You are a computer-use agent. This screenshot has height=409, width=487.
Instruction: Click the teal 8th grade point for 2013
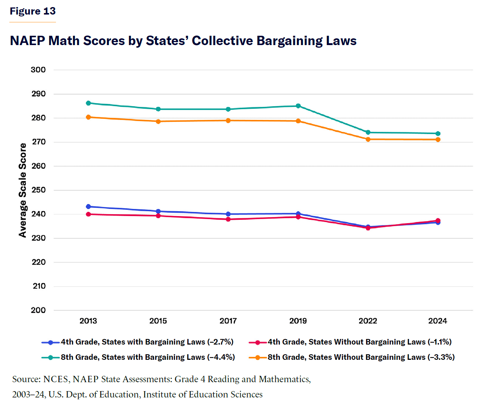click(88, 103)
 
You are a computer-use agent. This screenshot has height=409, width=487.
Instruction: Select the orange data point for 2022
click(368, 139)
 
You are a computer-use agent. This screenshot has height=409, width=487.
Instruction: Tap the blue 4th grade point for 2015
click(158, 212)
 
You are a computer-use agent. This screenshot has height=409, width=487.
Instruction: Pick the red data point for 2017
click(228, 219)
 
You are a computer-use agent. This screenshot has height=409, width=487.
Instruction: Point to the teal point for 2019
click(298, 106)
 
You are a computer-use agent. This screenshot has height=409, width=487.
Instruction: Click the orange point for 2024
click(438, 140)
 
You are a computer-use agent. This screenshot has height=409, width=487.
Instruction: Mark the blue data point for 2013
click(88, 207)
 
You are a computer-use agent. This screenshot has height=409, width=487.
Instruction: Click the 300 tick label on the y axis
click(38, 70)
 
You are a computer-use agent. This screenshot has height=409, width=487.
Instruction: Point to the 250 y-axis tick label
click(38, 190)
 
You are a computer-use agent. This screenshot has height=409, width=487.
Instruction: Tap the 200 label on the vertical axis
click(38, 310)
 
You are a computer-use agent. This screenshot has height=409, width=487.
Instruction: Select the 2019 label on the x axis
click(298, 321)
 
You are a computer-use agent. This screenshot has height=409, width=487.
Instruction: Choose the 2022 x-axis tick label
click(368, 321)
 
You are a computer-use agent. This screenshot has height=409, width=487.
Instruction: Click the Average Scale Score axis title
click(23, 190)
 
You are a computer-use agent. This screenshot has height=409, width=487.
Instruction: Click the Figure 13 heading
click(32, 11)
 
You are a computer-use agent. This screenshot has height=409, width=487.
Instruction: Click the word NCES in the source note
click(56, 379)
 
